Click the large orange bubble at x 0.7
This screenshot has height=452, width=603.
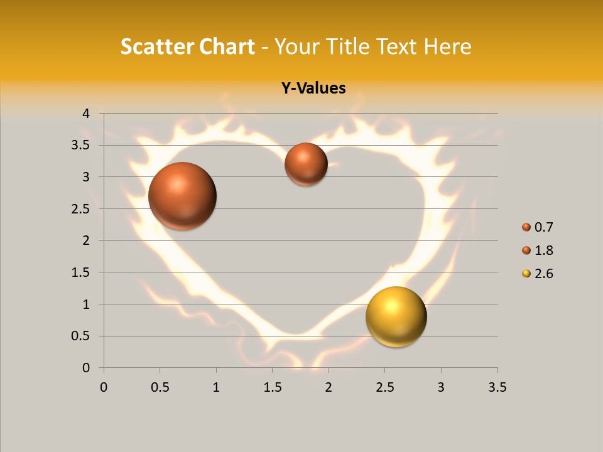[x=183, y=196]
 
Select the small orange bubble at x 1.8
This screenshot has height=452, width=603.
[x=306, y=164]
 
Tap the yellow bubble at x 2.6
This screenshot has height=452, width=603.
[x=396, y=316]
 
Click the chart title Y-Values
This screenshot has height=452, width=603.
[x=313, y=89]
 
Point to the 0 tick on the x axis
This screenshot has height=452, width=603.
[x=104, y=387]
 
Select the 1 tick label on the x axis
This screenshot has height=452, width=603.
[x=216, y=387]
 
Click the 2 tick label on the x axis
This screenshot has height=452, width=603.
[x=329, y=387]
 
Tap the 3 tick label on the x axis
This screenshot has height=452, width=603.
[x=441, y=387]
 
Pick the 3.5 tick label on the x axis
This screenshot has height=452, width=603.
[x=497, y=387]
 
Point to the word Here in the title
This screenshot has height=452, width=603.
[x=448, y=46]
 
